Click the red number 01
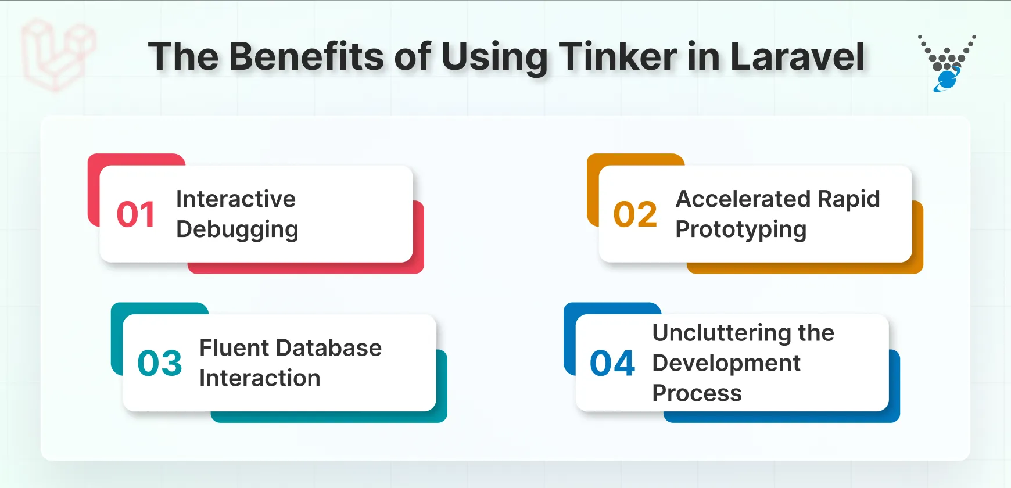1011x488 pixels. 136,214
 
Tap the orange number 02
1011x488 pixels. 635,214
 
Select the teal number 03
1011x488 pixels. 160,363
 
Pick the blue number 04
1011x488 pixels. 612,364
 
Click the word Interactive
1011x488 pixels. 236,199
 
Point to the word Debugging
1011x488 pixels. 237,229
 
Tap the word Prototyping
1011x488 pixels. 741,229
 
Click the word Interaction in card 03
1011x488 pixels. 260,378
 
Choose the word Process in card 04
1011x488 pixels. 697,393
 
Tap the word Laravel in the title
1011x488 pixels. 797,57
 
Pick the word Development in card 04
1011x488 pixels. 726,363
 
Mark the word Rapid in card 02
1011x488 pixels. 849,199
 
